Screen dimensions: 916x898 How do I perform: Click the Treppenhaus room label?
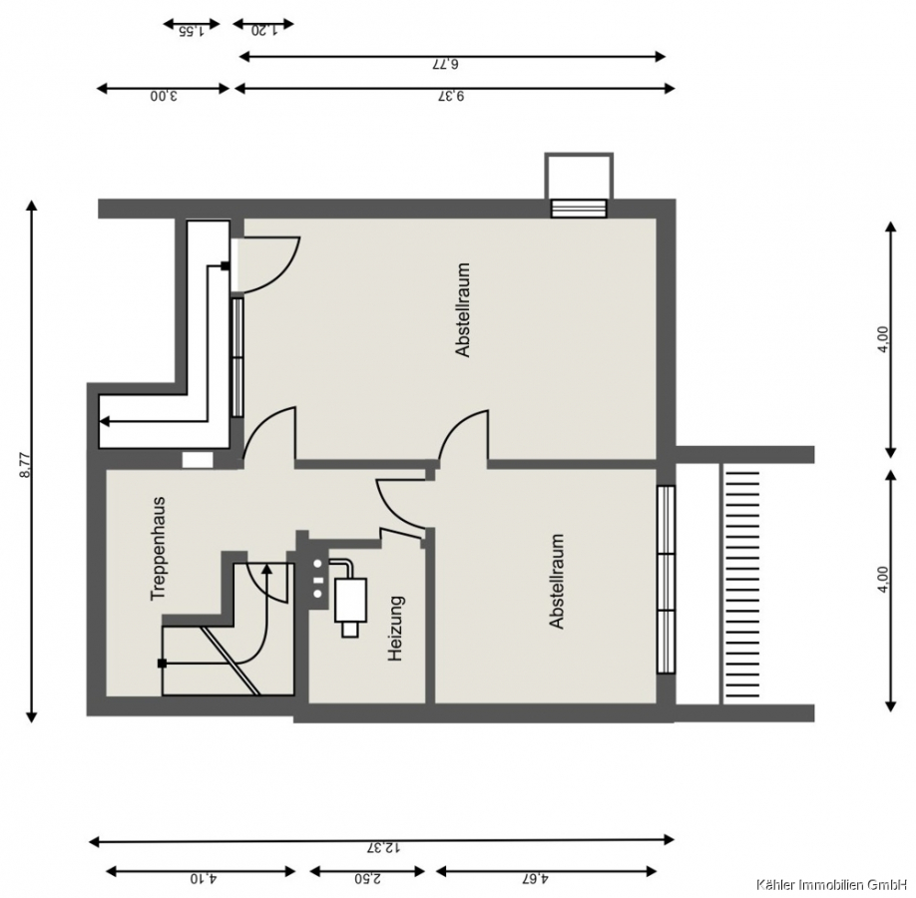159,548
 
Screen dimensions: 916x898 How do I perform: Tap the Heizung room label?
396,628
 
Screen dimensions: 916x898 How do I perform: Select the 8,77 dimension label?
25,466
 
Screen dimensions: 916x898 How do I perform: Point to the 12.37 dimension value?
384,847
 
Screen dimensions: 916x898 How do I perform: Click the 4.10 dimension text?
204,878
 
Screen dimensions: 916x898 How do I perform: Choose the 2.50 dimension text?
368,878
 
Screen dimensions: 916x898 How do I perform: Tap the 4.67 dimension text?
536,878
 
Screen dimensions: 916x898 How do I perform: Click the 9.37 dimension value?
451,95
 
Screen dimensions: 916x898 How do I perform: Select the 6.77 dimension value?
445,64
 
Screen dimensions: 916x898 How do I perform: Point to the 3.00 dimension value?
164,95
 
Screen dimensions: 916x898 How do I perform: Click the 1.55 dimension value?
191,31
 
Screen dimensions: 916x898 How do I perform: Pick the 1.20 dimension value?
263,30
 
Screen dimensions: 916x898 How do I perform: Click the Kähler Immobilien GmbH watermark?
835,883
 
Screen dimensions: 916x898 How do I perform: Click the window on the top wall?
580,208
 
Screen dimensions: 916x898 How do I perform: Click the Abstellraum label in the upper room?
463,309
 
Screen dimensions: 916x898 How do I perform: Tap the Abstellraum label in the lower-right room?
557,582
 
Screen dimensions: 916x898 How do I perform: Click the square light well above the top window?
579,176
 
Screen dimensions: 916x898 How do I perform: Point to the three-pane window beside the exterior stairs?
666,580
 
